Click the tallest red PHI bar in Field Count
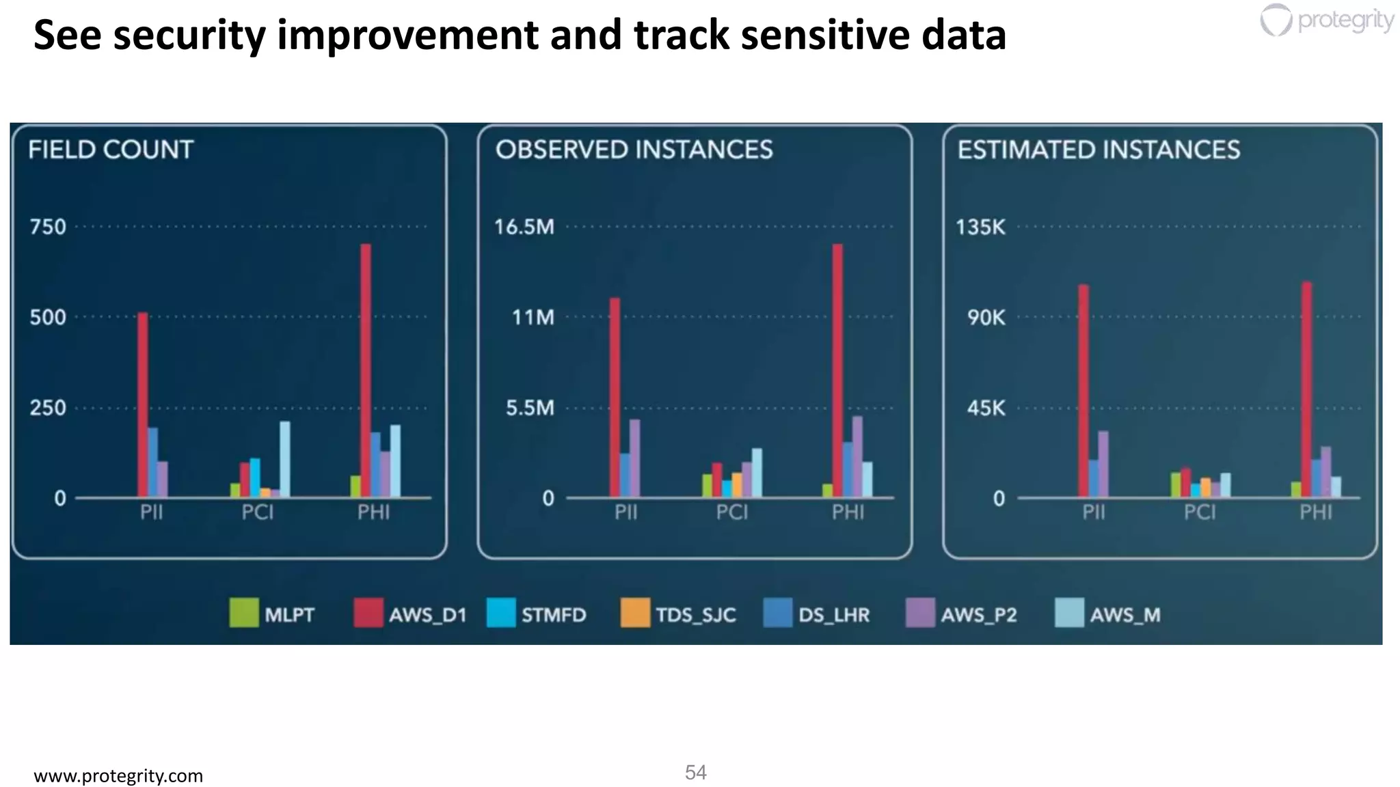(x=366, y=369)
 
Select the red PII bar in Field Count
(x=143, y=403)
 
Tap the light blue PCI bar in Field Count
(x=284, y=458)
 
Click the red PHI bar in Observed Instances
(x=837, y=369)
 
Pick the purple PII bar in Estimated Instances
(x=1103, y=463)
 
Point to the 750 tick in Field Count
(x=48, y=227)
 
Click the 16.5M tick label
(x=524, y=227)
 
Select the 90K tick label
(x=986, y=318)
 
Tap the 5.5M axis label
(x=530, y=409)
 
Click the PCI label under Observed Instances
(x=732, y=512)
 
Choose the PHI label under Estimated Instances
(x=1316, y=512)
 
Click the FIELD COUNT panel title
(x=111, y=150)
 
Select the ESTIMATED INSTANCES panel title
(x=1099, y=150)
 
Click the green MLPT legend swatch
(x=244, y=613)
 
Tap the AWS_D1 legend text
(x=427, y=615)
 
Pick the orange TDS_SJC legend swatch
(x=635, y=613)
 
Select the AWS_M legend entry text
(x=1125, y=615)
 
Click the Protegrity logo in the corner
(x=1326, y=20)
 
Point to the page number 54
(x=695, y=773)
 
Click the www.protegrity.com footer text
(x=118, y=776)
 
